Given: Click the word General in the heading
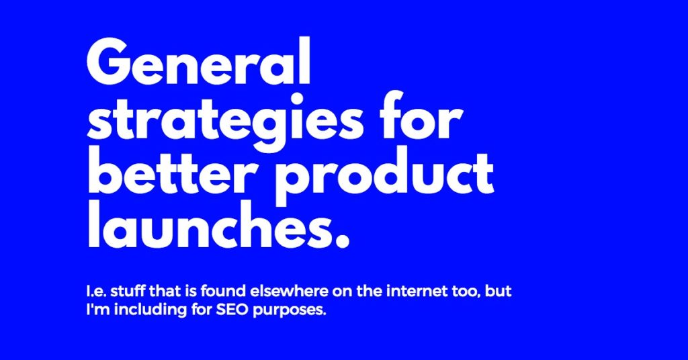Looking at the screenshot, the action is (x=199, y=62).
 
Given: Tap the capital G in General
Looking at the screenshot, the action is (x=110, y=62).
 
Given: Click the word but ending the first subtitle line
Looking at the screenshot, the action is (x=499, y=291).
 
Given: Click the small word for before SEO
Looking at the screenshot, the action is (x=202, y=310).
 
